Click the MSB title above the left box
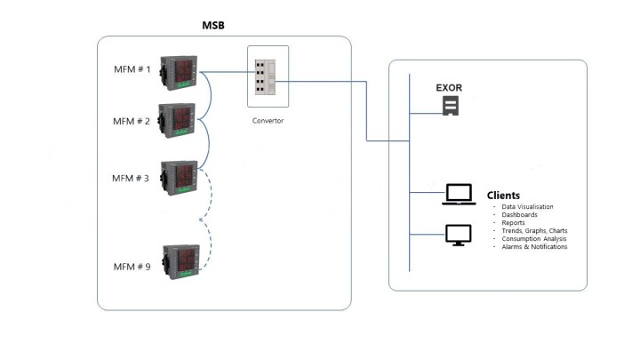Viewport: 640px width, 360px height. click(213, 25)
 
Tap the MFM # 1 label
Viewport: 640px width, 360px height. click(132, 69)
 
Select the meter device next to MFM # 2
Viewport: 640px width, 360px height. click(177, 120)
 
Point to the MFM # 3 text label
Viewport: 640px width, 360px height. click(130, 179)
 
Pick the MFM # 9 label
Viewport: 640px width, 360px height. click(132, 267)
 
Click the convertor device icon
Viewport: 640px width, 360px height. click(265, 77)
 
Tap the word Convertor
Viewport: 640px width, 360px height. click(268, 121)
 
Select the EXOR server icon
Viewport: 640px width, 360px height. click(451, 106)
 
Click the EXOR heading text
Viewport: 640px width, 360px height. click(449, 88)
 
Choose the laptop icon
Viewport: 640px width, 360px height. click(459, 195)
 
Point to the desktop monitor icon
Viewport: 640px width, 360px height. click(459, 235)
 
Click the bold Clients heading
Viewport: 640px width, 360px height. click(503, 196)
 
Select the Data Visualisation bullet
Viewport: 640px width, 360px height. click(527, 207)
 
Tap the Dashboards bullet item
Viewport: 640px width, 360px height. click(520, 215)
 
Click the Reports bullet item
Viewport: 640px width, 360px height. click(514, 223)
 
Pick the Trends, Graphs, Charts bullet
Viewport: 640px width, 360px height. click(535, 231)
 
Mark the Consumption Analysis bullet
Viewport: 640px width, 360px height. click(534, 239)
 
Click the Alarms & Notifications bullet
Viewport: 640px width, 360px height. click(535, 247)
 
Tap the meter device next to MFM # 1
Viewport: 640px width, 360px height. click(179, 73)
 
